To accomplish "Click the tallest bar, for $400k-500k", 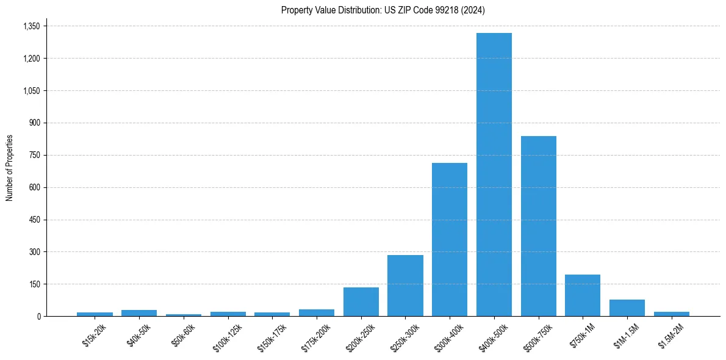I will (494, 175).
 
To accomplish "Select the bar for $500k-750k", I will (538, 226).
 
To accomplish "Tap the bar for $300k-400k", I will (450, 239).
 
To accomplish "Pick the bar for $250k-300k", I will (405, 286).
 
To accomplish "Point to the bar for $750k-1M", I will (583, 295).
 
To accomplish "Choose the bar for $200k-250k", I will (361, 302).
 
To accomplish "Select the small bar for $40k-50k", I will (139, 313).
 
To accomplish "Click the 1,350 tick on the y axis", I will (31, 26).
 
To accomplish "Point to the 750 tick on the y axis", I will (34, 155).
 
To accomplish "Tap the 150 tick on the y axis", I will (34, 284).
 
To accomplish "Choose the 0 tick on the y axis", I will (38, 317).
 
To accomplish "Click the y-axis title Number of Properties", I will (9, 168).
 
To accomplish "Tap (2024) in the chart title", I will (474, 10).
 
